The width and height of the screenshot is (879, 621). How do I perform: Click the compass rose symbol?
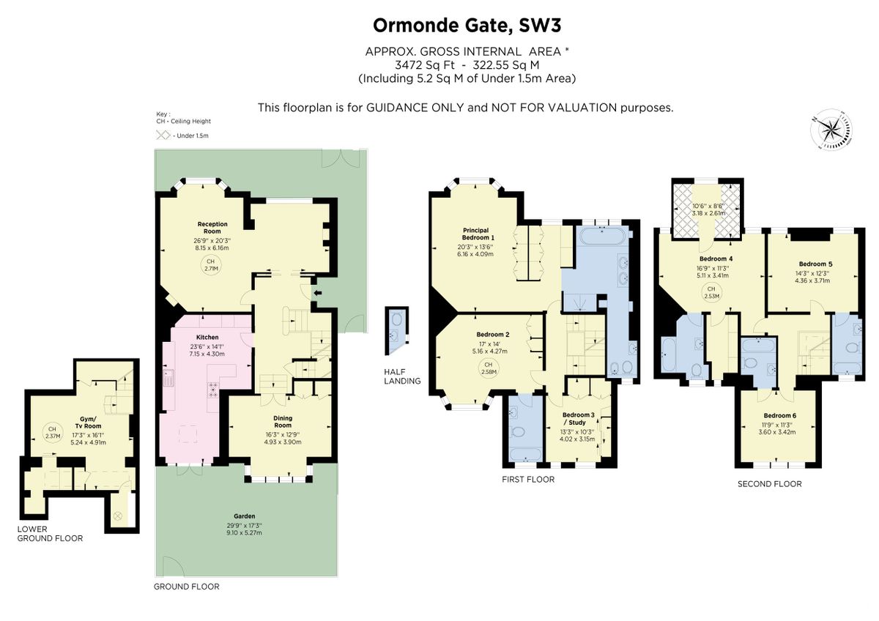click(831, 132)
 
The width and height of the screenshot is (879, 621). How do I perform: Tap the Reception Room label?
click(212, 228)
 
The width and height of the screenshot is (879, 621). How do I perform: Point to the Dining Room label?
click(283, 421)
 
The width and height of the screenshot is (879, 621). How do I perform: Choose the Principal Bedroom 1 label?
click(478, 234)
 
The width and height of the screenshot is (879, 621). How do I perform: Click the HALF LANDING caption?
click(402, 376)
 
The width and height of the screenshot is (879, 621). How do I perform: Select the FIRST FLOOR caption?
click(528, 480)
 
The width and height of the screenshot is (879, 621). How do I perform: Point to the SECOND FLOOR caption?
click(769, 484)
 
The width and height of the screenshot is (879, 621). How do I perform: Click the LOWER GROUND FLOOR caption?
click(51, 533)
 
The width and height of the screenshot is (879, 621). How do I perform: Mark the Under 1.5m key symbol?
click(162, 135)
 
